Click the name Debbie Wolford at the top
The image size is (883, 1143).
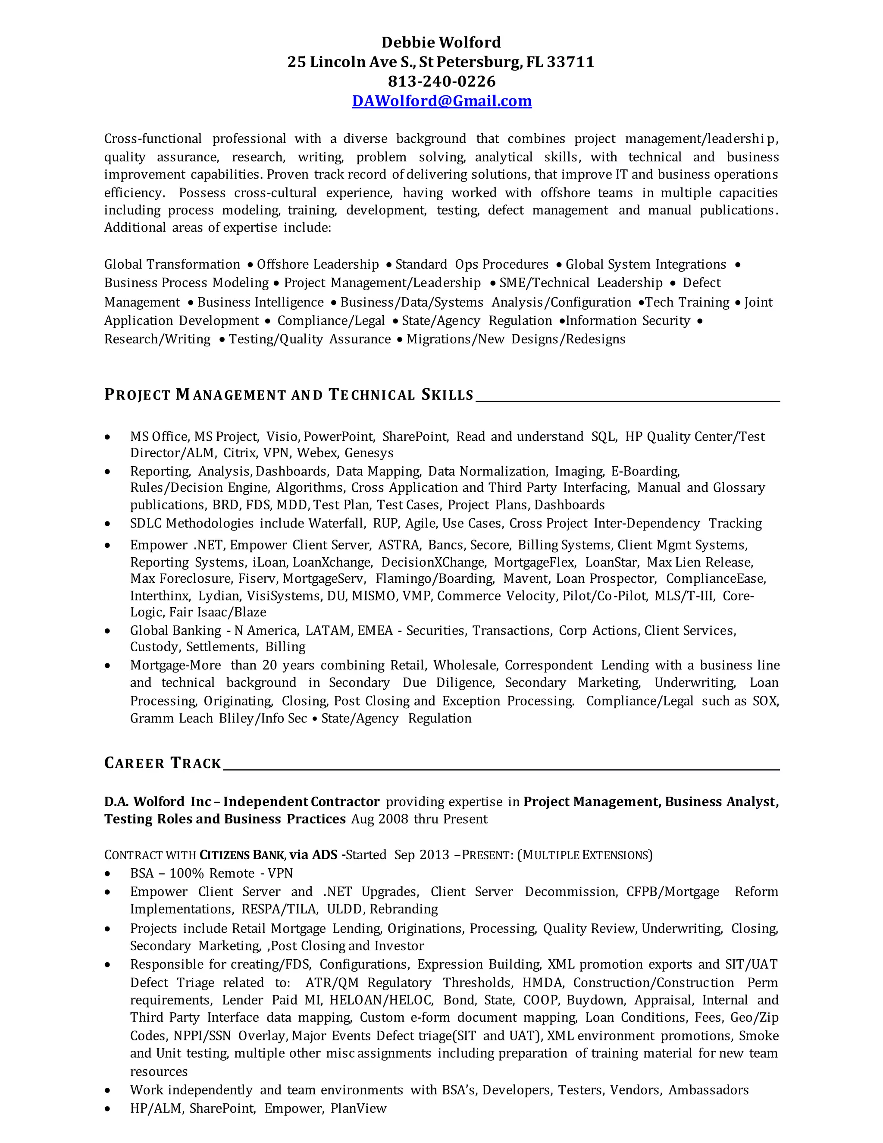click(x=441, y=42)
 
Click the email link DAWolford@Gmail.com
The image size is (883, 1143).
click(x=441, y=101)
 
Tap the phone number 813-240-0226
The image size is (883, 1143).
click(x=441, y=82)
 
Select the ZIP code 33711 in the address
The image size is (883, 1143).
click(x=571, y=62)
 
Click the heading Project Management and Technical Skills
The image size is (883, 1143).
click(x=289, y=395)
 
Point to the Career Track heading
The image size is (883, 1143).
click(x=163, y=763)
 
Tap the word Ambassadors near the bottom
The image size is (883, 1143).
click(x=708, y=1090)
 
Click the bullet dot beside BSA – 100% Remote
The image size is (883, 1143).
click(x=108, y=873)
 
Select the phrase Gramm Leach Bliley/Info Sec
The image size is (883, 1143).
click(x=218, y=719)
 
